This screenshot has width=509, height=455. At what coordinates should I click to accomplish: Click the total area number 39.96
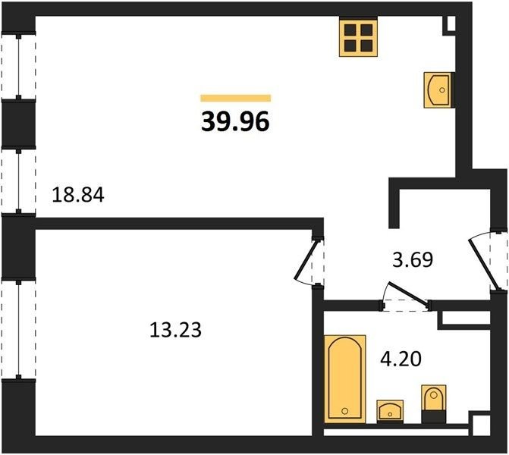235,122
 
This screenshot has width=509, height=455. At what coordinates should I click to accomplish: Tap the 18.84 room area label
78,196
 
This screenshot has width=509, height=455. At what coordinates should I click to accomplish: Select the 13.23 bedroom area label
175,330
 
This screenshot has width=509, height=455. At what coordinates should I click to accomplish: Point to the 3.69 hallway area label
413,259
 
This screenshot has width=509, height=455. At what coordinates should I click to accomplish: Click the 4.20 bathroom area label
401,359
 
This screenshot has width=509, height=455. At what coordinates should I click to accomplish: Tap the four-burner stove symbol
358,37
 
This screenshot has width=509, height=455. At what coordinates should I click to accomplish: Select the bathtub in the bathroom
345,379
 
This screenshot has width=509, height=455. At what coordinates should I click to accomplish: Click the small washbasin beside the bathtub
390,412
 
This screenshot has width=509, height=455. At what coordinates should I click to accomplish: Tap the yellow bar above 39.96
235,98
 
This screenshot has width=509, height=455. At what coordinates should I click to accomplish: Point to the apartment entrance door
482,264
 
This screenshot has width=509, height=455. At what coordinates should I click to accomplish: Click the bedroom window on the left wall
18,328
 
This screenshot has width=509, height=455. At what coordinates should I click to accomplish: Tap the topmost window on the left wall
18,66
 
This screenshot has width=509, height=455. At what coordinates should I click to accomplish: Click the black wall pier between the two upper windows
18,124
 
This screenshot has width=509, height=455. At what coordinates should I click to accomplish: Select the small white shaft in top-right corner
451,23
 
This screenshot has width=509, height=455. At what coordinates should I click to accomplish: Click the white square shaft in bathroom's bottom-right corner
479,425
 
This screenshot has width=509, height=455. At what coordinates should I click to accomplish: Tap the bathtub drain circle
344,411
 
